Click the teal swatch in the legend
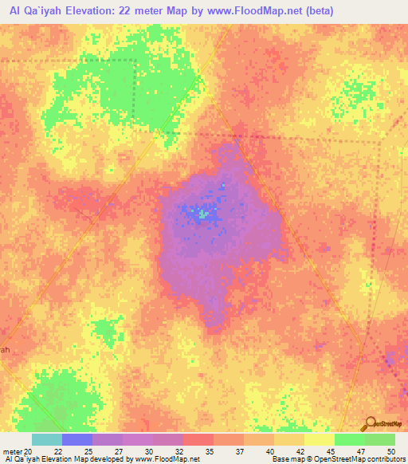pos(47,439)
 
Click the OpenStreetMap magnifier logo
pos(369,423)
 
